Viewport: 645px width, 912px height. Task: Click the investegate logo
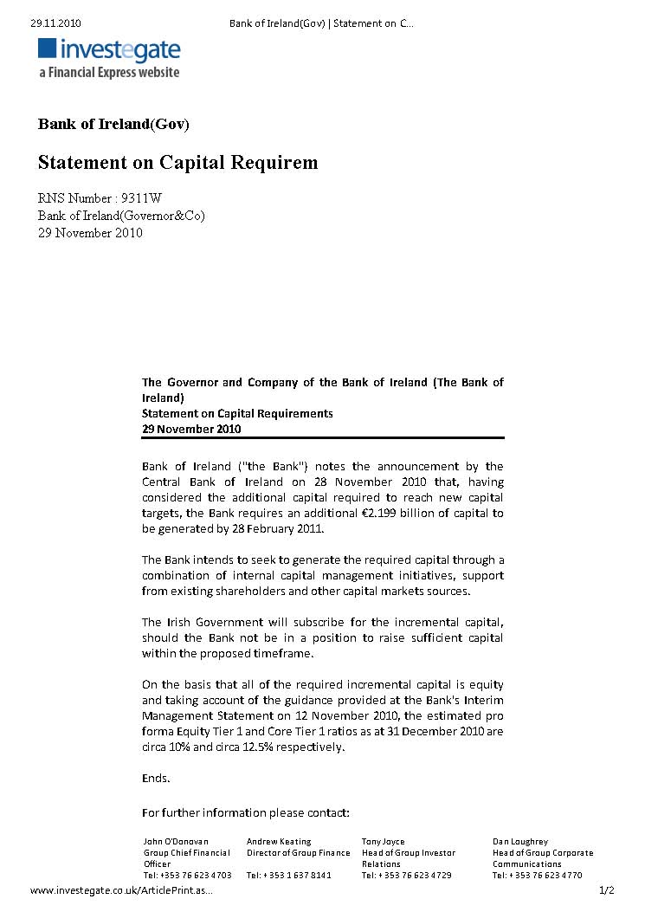(x=109, y=51)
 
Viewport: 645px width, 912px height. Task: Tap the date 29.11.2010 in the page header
(x=55, y=23)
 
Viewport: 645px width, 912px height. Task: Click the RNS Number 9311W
(x=100, y=198)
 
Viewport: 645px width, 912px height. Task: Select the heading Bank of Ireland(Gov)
(x=113, y=124)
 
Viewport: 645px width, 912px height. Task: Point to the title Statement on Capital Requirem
(x=177, y=163)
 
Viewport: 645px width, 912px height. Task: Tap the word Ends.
(x=156, y=779)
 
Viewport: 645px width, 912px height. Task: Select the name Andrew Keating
(x=279, y=841)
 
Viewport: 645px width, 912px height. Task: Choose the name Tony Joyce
(x=383, y=841)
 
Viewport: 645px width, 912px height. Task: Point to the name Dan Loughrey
(x=520, y=841)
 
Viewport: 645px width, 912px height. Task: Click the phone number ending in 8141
(x=289, y=875)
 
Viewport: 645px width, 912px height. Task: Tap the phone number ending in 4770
(x=538, y=875)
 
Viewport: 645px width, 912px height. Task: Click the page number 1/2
(x=606, y=890)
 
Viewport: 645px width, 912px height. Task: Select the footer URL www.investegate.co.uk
(x=120, y=890)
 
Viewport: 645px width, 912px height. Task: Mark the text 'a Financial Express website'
(x=109, y=73)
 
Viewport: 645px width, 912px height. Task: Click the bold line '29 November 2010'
(x=191, y=429)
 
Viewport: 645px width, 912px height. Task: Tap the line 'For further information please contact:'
(x=246, y=813)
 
